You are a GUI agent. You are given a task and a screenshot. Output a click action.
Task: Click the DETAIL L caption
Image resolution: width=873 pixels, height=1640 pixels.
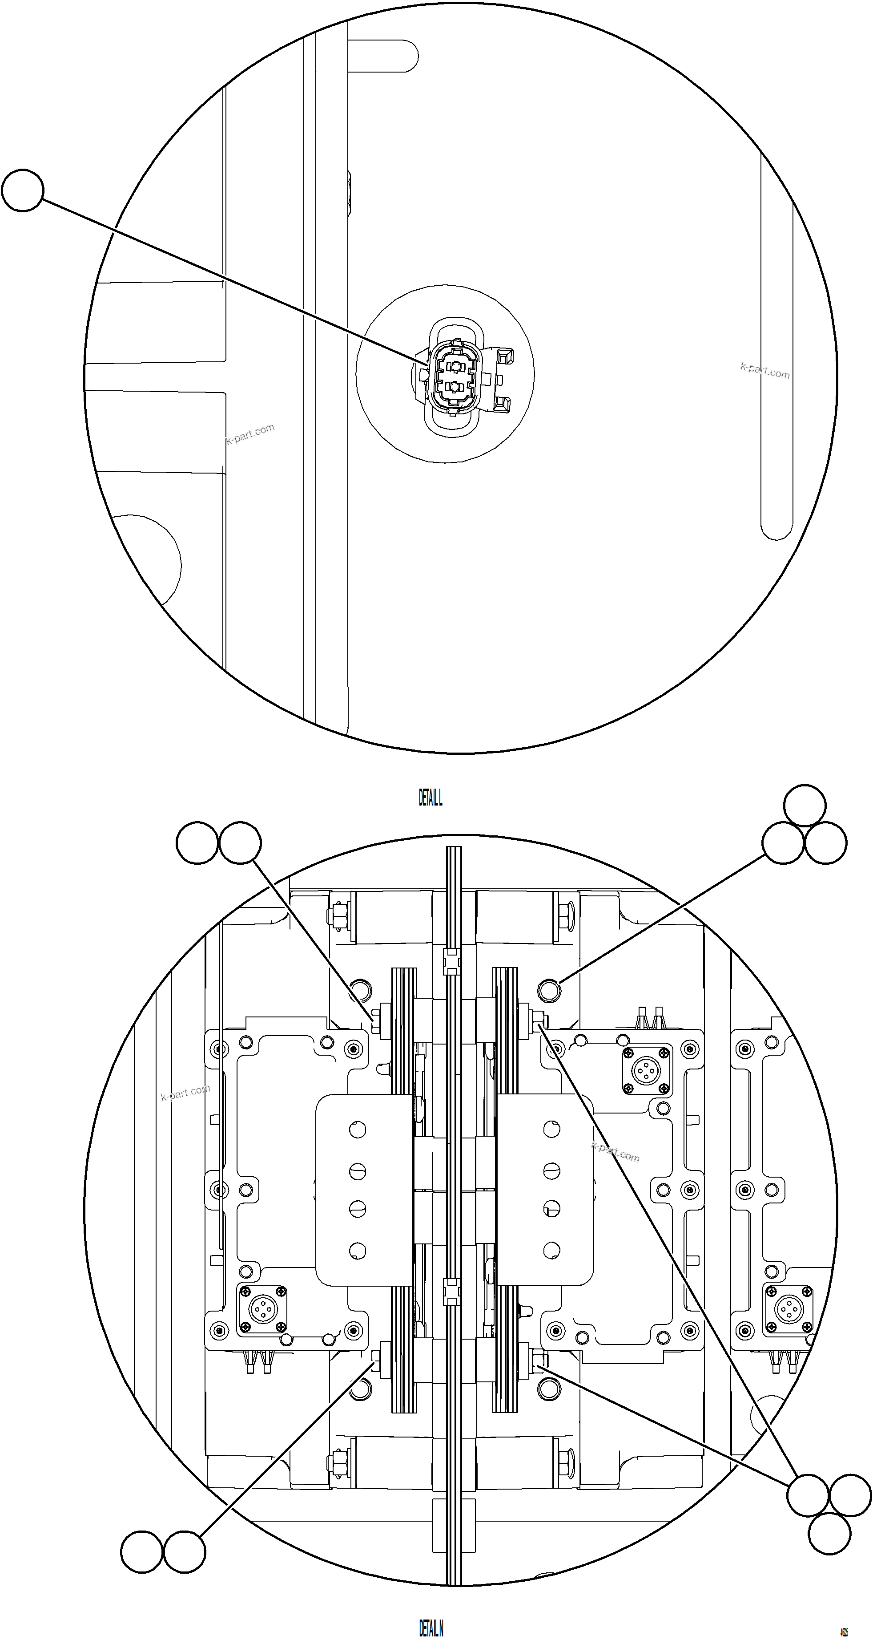[x=430, y=798]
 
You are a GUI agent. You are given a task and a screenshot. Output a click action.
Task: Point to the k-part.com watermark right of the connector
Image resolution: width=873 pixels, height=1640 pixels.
[x=765, y=371]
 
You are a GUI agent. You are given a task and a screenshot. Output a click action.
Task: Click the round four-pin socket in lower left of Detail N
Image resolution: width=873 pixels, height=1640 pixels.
[x=261, y=1310]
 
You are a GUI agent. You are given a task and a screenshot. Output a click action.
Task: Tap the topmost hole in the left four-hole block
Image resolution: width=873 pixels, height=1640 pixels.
[x=358, y=1130]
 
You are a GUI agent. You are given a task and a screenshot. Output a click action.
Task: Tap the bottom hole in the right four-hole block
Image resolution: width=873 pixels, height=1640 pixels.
[x=551, y=1251]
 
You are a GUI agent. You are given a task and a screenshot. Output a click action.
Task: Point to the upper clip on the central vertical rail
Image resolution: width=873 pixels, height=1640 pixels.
[x=451, y=961]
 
